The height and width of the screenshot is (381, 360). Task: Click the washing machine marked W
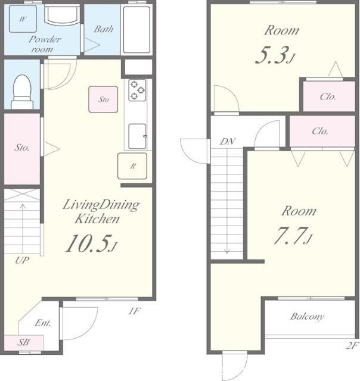23,19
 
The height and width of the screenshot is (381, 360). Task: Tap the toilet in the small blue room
22,92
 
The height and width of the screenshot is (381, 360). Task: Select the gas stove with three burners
138,90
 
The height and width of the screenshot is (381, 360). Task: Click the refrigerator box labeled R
132,166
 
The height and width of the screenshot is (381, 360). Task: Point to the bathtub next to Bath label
136,30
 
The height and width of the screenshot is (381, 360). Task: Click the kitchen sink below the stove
138,136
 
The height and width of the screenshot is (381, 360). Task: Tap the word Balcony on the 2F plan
307,317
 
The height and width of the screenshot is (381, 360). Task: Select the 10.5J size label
91,243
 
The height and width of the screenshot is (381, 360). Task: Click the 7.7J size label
293,236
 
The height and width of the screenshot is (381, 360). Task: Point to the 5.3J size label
275,55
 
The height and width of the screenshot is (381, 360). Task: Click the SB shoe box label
23,342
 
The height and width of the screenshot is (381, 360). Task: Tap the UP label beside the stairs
22,261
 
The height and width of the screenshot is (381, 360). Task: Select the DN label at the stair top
228,142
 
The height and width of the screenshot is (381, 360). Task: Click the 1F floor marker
135,311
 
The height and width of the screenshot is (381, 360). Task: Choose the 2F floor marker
352,345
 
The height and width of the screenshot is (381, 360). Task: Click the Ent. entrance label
43,323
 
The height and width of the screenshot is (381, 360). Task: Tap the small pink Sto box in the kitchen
103,99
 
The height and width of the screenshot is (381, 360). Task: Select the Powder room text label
45,44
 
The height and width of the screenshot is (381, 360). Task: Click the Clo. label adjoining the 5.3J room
328,96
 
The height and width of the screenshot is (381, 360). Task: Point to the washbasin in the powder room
63,15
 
